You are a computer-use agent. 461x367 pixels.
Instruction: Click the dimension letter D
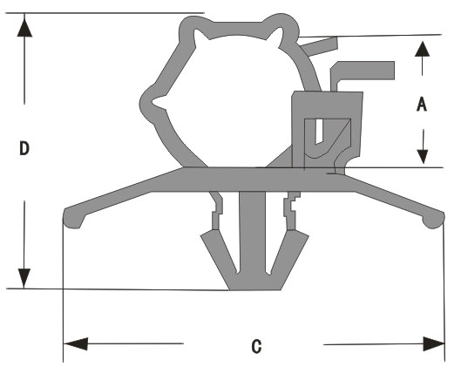24,148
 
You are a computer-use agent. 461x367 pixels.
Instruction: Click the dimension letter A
422,104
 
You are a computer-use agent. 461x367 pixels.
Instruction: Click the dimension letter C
256,346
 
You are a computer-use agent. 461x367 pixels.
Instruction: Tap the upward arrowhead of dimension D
24,27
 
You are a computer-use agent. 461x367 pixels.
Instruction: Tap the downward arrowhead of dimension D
24,278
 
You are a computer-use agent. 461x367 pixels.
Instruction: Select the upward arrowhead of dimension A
422,49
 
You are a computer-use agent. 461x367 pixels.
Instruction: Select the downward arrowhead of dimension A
423,157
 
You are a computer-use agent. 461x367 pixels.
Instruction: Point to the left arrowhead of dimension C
76,343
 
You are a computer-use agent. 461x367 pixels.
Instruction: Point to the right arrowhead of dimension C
434,344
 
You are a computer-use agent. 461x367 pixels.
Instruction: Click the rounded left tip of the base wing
73,219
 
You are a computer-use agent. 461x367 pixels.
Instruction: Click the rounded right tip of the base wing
434,219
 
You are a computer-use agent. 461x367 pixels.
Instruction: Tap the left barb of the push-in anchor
218,256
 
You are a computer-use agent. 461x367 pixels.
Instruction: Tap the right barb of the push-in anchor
289,256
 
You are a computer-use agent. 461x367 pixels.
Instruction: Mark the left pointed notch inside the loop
159,102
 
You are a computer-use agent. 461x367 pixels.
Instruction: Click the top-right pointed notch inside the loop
275,35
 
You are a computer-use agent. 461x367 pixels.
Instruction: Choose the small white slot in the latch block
319,132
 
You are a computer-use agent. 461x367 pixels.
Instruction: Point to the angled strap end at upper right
320,46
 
